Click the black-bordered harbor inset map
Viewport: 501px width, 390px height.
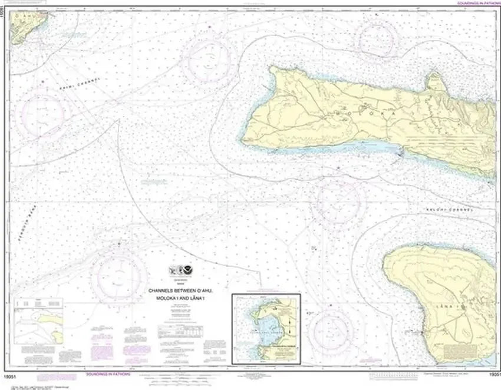click(266, 328)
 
